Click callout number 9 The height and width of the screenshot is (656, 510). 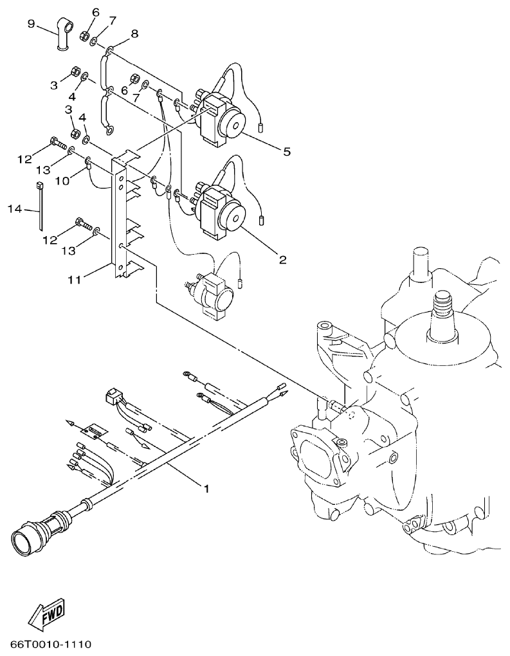(x=31, y=24)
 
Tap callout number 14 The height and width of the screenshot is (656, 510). (x=15, y=208)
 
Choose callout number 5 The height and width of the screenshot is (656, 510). (x=287, y=152)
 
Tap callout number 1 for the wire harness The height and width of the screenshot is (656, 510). (x=206, y=489)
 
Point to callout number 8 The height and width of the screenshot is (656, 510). (x=134, y=33)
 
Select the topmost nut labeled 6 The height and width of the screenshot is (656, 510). (x=84, y=35)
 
